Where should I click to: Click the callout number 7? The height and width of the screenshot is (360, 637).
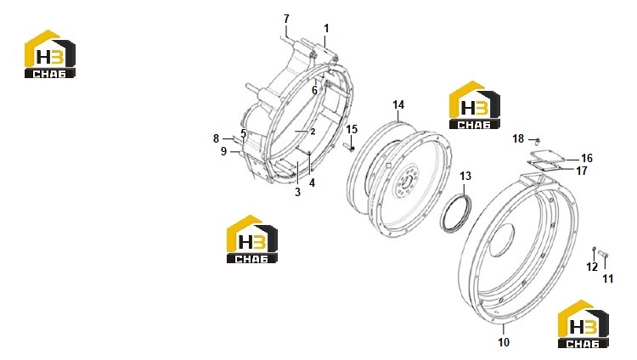286,19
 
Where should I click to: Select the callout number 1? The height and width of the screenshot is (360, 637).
326,28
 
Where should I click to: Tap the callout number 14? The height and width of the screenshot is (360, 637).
398,104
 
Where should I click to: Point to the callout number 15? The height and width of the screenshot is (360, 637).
352,129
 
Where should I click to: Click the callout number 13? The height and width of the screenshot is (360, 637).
465,176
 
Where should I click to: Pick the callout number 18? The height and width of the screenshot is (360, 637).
518,139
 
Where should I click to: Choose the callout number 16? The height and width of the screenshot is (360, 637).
587,158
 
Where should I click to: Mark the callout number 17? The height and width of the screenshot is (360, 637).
582,171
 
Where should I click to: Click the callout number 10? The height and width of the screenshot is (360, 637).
504,342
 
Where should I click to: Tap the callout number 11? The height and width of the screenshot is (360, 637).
607,278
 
